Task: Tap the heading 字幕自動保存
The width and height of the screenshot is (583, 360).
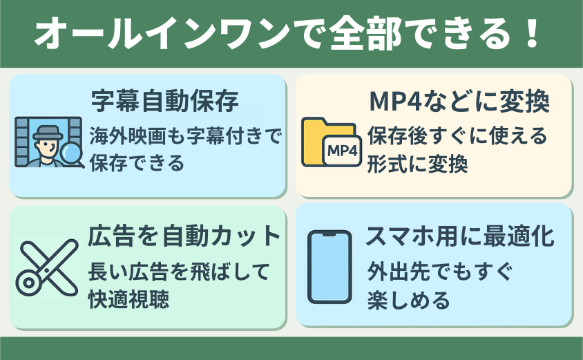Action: click(165, 101)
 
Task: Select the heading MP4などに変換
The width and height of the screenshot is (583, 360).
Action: click(459, 101)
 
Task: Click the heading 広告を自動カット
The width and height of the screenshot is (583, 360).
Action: click(184, 236)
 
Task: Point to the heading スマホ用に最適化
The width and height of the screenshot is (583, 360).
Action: click(460, 236)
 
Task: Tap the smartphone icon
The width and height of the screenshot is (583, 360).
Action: click(329, 267)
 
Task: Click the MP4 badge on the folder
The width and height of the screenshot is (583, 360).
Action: click(342, 151)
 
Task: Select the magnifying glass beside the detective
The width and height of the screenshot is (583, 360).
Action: click(72, 153)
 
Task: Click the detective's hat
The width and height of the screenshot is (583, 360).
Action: click(47, 133)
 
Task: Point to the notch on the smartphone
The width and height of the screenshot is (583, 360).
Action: click(329, 234)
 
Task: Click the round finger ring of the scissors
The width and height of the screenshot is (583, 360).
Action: click(28, 283)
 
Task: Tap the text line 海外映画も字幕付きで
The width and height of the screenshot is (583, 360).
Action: click(186, 135)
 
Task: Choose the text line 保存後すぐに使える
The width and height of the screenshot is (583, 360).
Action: click(457, 135)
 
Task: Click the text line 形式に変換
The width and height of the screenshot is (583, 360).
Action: click(417, 164)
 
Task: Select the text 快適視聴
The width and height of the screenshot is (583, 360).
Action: click(128, 299)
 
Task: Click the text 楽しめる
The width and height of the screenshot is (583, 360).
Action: click(409, 300)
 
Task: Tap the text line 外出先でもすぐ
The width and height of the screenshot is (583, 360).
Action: click(440, 272)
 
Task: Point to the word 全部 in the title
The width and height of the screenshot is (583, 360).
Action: click(366, 34)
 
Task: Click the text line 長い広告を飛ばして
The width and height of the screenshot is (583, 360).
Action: click(179, 272)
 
